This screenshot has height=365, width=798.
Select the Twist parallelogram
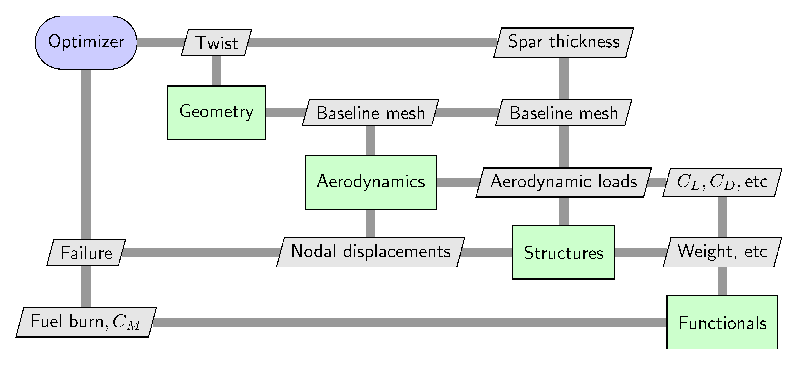[216, 43]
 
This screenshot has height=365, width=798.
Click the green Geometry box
[216, 112]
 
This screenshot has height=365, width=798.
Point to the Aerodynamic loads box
[563, 182]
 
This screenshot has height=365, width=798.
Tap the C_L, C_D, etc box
[722, 182]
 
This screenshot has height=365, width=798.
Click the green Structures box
[563, 252]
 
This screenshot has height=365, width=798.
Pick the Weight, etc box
[722, 252]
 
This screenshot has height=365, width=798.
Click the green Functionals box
[722, 322]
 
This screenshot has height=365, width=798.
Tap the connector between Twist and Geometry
[216, 70]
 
